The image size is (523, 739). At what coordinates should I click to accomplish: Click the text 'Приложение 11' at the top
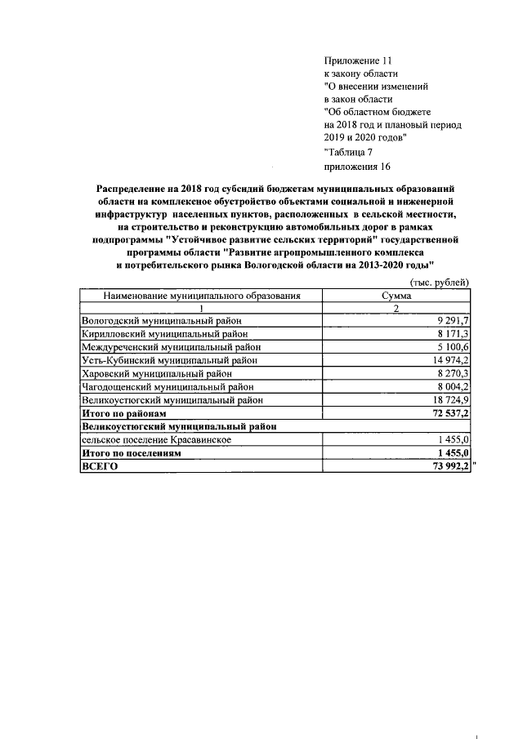tap(358, 60)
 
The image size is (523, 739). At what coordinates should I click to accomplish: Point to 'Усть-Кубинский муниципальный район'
tap(172, 361)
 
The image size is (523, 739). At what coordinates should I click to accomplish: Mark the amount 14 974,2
tap(449, 361)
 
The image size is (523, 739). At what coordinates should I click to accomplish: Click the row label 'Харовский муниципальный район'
tap(156, 374)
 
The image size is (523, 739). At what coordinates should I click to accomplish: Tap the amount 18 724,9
tap(449, 400)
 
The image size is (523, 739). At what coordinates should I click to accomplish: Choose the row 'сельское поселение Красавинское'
tap(156, 439)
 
